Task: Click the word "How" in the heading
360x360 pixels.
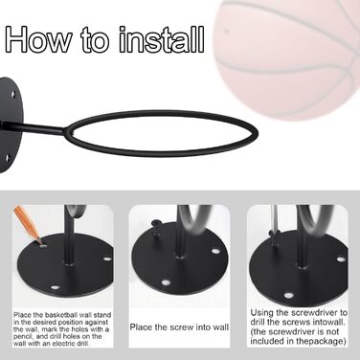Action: [x=38, y=40]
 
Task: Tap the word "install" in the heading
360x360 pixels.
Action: [x=162, y=39]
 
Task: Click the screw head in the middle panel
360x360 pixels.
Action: [x=156, y=222]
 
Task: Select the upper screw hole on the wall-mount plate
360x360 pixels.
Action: [x=13, y=94]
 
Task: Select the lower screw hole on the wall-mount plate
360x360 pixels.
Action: [x=8, y=157]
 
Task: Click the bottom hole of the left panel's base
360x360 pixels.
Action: [x=56, y=287]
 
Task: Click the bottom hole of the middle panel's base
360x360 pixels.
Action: [x=165, y=282]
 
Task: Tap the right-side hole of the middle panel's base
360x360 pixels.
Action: [x=215, y=251]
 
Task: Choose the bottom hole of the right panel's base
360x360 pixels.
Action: [x=289, y=295]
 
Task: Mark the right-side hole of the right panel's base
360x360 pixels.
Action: [x=341, y=259]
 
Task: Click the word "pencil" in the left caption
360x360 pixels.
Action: [x=23, y=337]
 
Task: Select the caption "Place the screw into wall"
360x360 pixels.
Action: [x=179, y=327]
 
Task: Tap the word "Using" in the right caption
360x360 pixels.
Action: [x=261, y=313]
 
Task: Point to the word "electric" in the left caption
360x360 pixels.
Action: [x=64, y=344]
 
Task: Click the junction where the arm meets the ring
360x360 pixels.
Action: [x=66, y=130]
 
